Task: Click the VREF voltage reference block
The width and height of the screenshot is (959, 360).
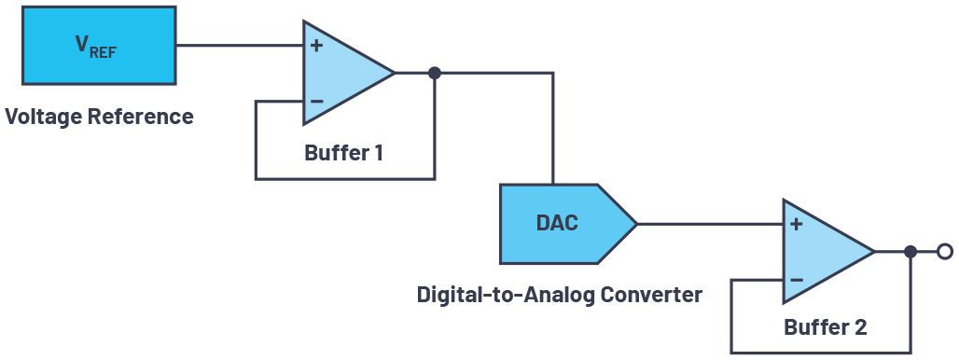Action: [98, 46]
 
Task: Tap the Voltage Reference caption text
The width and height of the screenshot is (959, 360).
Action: [99, 117]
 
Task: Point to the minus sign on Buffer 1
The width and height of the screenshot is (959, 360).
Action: [317, 101]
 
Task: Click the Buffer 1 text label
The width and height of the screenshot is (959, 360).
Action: [343, 152]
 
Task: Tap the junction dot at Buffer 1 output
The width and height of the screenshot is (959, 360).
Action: [434, 73]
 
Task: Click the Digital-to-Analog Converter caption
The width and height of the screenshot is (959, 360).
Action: [559, 295]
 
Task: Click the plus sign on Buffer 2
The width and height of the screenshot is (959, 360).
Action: [797, 224]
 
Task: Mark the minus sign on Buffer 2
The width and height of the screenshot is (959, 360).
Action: [797, 279]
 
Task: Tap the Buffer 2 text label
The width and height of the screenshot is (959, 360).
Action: [825, 327]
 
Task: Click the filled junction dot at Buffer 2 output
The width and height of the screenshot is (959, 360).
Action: [910, 251]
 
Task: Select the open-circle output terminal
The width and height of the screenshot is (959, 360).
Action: [944, 251]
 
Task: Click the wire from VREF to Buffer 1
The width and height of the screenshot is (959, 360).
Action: [239, 45]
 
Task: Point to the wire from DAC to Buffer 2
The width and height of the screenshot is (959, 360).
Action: [709, 224]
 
